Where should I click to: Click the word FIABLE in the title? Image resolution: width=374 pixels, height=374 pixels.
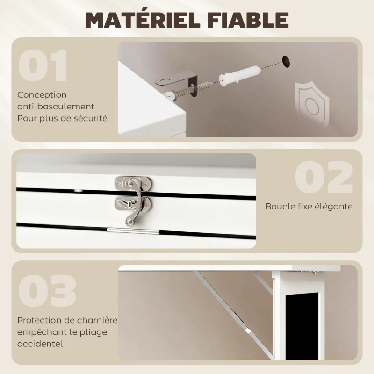pos(248,20)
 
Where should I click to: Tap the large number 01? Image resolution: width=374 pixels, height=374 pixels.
pos(43,65)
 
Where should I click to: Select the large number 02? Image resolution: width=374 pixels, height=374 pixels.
pos(324,177)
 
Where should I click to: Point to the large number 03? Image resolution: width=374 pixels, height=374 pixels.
pos(47,291)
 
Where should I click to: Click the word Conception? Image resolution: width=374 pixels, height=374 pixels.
pos(42,95)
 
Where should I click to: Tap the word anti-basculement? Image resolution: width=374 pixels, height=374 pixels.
pos(56,107)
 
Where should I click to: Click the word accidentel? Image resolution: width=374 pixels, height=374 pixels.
pos(40,344)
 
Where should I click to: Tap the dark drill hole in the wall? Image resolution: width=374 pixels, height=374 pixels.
pos(286,62)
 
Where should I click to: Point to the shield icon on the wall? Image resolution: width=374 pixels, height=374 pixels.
pos(312,104)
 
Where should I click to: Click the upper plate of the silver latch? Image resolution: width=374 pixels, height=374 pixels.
pos(133,183)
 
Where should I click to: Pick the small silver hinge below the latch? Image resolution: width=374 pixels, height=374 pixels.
pos(133,231)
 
